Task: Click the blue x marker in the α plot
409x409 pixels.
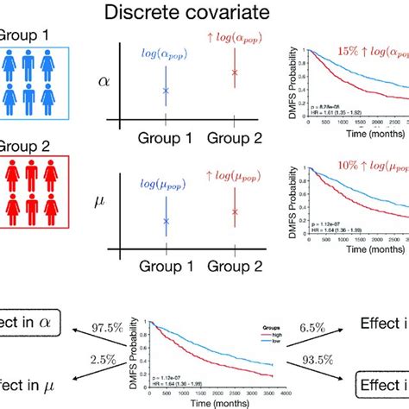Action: coord(167,91)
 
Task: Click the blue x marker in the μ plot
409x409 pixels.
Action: coord(167,222)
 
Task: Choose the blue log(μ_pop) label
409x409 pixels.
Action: coord(167,183)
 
